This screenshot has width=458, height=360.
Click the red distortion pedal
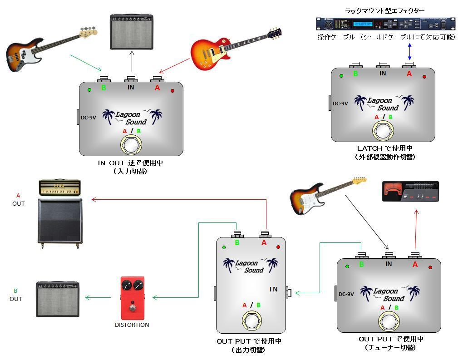coord(132,297)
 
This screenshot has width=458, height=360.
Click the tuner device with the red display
coord(410,191)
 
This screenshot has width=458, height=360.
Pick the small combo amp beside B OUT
coord(58,299)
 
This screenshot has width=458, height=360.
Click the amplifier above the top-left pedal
coord(132,32)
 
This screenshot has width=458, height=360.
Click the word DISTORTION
coord(132,325)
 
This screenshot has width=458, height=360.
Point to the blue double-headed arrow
coord(410,51)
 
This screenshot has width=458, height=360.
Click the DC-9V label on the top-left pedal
coord(89,118)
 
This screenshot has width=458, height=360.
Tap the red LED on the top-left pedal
coord(172,91)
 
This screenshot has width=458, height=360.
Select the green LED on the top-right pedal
coord(341,76)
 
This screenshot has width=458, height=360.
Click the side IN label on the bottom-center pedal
coord(273,289)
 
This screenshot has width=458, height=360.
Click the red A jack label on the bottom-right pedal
coord(415,264)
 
